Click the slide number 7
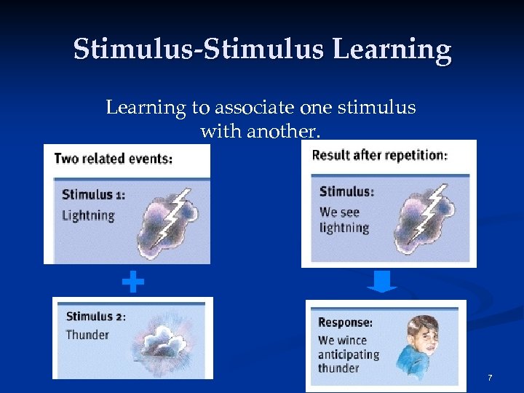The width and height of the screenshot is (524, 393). click(x=490, y=378)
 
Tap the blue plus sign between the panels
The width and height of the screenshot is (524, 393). click(x=132, y=282)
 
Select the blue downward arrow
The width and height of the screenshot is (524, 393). click(x=382, y=281)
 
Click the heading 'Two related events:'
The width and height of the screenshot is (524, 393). click(x=114, y=159)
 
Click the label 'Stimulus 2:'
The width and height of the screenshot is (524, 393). click(x=96, y=316)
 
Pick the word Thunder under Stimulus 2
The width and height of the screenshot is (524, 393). click(x=87, y=335)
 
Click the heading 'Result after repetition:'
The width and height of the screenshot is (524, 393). click(x=379, y=155)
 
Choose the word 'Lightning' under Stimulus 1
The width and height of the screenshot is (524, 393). click(x=89, y=215)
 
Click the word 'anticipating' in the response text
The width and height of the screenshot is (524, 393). click(x=349, y=354)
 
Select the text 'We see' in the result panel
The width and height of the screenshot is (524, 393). click(x=339, y=212)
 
